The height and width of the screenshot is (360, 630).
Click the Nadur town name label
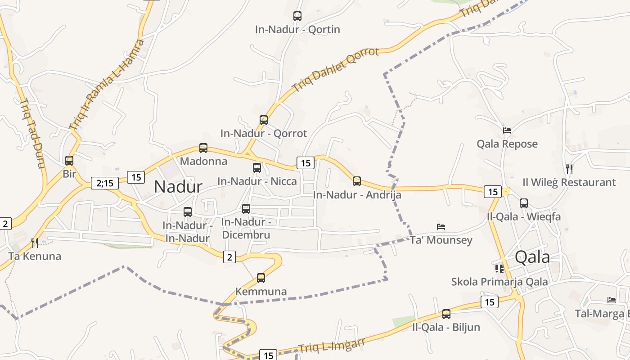[x=178, y=186]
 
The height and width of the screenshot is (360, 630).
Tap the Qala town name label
[x=532, y=257]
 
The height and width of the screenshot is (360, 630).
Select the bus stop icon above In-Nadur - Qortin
[x=297, y=16]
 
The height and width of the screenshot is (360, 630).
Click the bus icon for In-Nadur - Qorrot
[x=264, y=120]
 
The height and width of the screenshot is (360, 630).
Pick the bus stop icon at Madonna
[x=203, y=148]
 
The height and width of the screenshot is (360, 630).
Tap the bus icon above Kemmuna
[x=261, y=278]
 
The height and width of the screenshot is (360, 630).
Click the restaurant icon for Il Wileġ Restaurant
[x=569, y=169]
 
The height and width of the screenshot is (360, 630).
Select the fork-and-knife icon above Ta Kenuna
[x=35, y=243]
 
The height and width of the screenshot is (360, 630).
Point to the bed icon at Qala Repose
[x=507, y=130]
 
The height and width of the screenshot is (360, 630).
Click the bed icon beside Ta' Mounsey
[x=441, y=227]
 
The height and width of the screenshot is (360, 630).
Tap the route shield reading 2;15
[x=105, y=183]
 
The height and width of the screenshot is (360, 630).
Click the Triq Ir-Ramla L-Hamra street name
[x=107, y=84]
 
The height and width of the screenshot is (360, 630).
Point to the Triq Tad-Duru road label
[x=33, y=133]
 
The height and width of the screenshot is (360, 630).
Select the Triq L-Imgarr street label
[x=332, y=346]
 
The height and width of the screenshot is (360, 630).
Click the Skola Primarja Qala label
[x=499, y=282]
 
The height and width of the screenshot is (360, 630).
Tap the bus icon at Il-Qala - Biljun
[x=446, y=314]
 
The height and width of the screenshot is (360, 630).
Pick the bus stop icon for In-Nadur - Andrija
[x=357, y=181]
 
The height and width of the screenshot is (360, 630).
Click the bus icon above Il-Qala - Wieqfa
[x=524, y=203]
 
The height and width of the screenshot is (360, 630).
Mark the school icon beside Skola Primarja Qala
[x=499, y=269]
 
